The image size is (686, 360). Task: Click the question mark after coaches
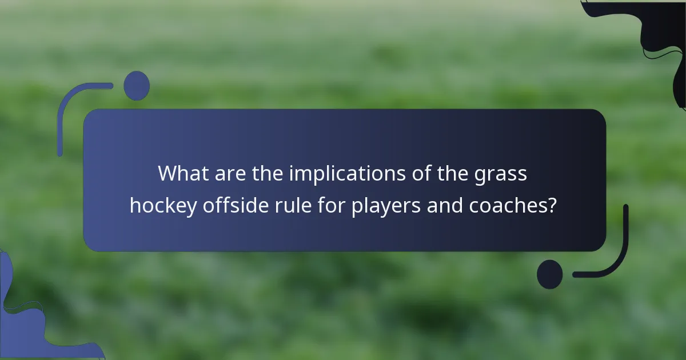coord(552,206)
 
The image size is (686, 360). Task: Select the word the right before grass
coord(454,173)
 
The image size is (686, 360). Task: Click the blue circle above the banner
coord(137,86)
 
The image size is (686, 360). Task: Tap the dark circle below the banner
coord(550,274)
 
